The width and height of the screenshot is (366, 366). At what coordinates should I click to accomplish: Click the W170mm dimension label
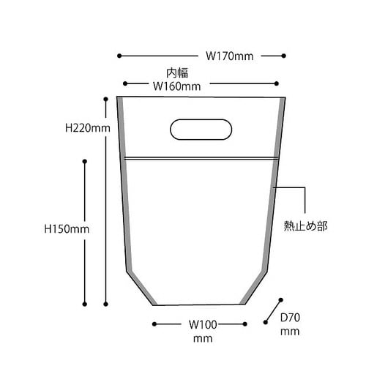click(229, 56)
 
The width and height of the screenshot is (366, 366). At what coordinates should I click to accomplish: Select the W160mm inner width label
click(176, 86)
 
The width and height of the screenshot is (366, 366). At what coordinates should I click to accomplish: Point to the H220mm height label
click(87, 127)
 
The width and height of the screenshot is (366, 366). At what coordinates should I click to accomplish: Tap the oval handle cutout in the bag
click(201, 129)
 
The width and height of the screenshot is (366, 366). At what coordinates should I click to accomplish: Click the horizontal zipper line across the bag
click(201, 157)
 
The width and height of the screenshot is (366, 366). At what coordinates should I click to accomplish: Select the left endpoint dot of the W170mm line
click(119, 55)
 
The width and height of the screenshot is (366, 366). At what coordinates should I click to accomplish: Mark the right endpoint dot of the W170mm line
click(283, 55)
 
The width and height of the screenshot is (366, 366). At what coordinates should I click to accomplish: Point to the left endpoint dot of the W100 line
click(153, 323)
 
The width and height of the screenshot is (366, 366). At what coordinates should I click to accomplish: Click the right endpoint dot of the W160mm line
click(276, 85)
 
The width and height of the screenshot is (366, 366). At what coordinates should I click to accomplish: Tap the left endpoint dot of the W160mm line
click(126, 85)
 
